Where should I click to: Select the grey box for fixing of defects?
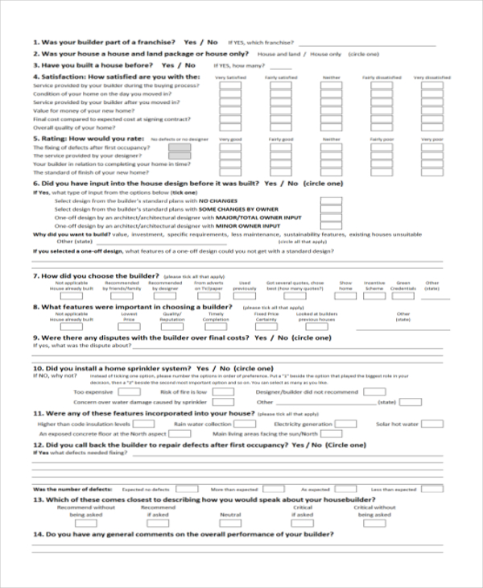point(180,147)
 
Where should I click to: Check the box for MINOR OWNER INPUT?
point(330,226)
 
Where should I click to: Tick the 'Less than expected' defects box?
point(432,489)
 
